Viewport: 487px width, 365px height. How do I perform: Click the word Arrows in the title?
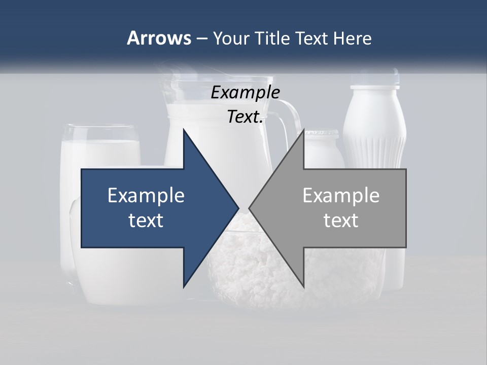click(x=158, y=38)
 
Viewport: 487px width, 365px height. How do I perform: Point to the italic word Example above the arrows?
click(x=246, y=93)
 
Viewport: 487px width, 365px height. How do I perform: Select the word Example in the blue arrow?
click(x=146, y=195)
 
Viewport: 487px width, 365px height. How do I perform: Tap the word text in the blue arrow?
click(x=146, y=221)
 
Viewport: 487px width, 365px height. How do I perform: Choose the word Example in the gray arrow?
click(x=341, y=195)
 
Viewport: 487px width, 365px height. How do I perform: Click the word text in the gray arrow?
click(x=341, y=221)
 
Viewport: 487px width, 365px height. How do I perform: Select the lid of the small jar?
click(x=322, y=134)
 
